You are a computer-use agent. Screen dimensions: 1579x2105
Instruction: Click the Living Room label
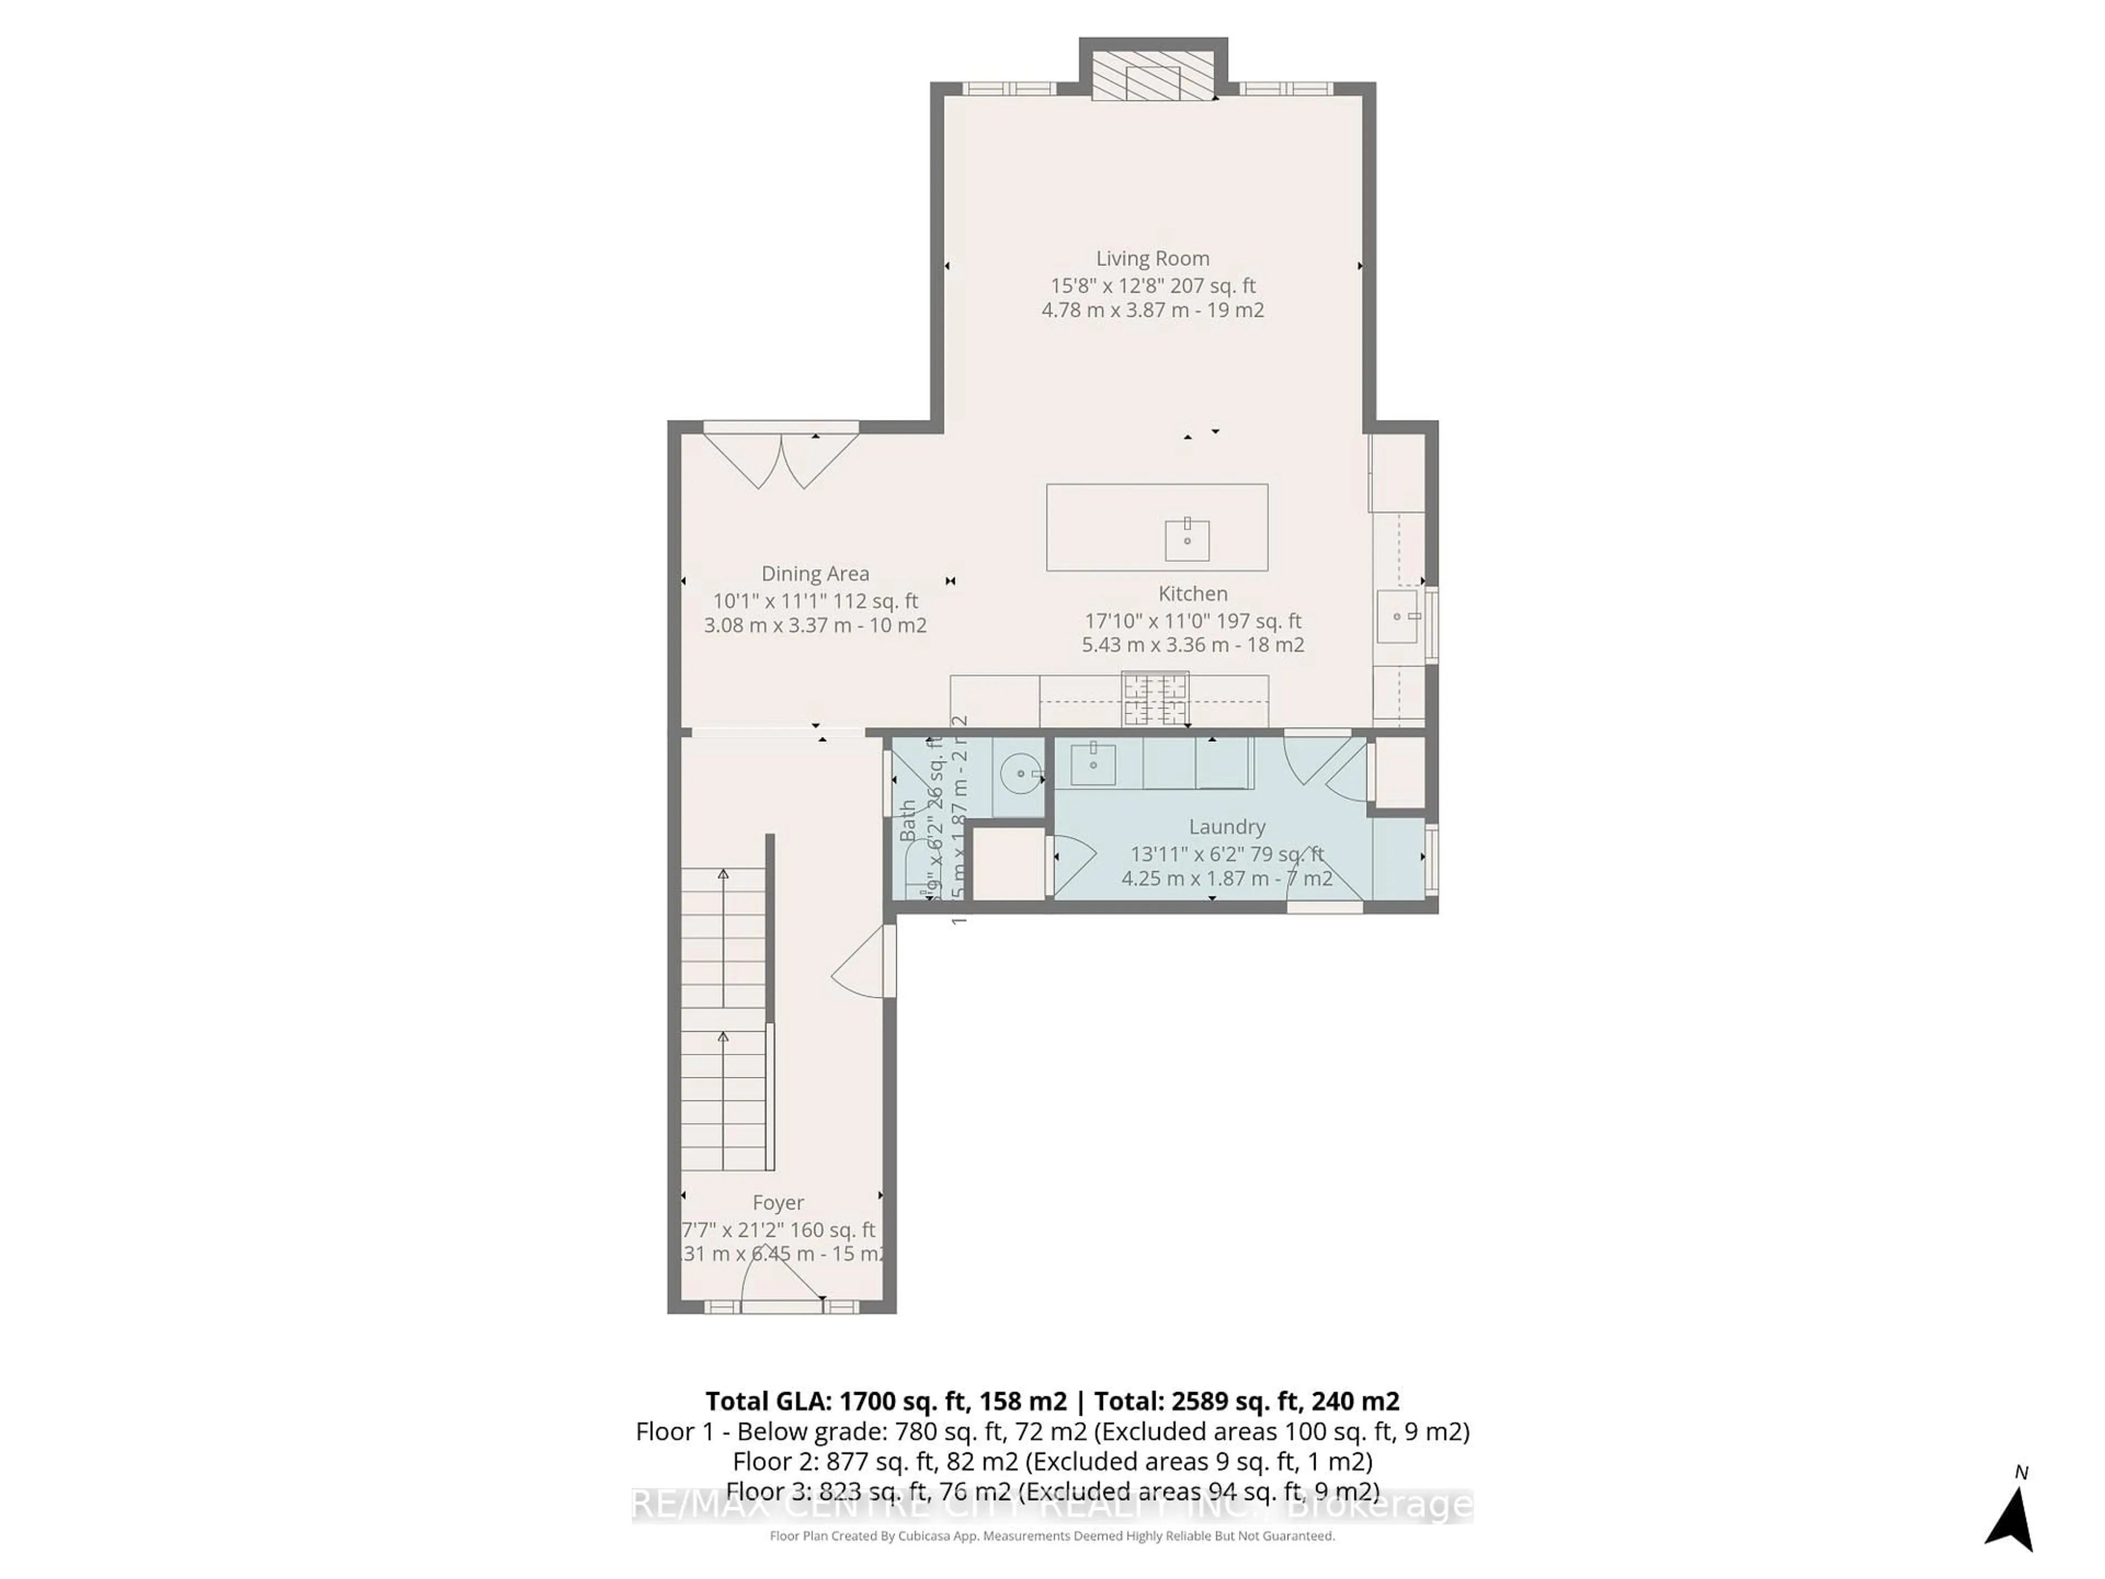[x=1152, y=258]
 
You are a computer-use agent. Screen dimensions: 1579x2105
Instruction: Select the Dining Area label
[x=815, y=573]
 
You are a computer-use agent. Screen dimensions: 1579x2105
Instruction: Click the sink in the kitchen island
[x=1187, y=539]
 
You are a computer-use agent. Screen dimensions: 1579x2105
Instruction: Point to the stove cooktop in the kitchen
[x=1155, y=700]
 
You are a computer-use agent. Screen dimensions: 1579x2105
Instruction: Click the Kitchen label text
[x=1192, y=593]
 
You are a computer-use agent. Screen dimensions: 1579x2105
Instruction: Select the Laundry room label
[x=1227, y=826]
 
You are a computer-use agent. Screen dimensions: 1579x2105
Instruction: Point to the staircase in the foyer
[x=723, y=1009]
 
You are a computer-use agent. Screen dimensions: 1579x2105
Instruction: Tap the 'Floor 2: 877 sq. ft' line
[x=1051, y=1461]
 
